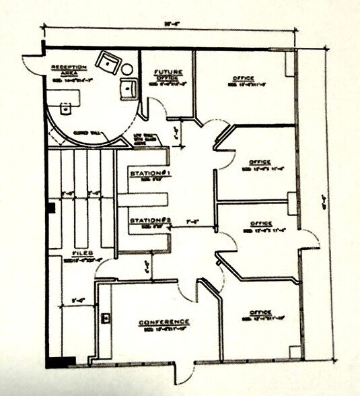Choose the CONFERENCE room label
point(164,322)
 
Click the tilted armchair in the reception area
point(108,62)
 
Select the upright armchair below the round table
point(127,88)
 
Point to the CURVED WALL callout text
point(91,133)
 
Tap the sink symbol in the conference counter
point(106,317)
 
